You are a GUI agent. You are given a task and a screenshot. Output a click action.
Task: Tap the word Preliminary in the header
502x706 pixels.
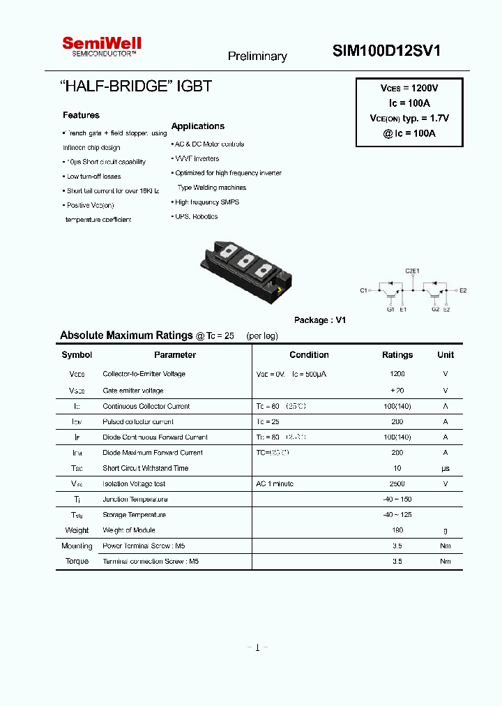click(x=257, y=57)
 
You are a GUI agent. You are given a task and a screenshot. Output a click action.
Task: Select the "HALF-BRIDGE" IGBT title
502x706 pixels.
click(x=136, y=87)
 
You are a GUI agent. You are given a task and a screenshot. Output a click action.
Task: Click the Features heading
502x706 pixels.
click(x=81, y=115)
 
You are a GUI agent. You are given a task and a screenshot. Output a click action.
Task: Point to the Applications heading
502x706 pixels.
click(x=198, y=126)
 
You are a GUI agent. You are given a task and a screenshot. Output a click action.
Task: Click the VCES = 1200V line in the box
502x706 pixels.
click(x=409, y=89)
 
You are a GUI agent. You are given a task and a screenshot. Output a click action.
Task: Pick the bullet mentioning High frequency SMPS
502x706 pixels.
click(x=206, y=202)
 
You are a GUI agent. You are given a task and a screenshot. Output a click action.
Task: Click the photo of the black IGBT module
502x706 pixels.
click(x=244, y=270)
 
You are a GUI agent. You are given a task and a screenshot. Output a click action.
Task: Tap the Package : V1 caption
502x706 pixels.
click(x=320, y=320)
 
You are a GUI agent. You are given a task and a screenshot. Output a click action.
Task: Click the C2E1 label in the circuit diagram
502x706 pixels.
click(x=413, y=269)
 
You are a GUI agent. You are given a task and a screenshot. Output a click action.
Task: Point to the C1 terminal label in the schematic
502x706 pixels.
click(x=363, y=290)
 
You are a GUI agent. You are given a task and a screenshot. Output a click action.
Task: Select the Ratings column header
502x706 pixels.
click(x=397, y=355)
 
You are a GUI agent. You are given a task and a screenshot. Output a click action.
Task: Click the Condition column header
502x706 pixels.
click(x=309, y=355)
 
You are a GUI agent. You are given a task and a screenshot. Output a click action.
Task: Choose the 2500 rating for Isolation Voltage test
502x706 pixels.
click(x=397, y=483)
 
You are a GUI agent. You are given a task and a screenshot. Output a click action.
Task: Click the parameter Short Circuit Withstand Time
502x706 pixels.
click(x=145, y=468)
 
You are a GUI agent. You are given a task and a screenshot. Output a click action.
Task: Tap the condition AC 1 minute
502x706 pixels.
click(x=275, y=483)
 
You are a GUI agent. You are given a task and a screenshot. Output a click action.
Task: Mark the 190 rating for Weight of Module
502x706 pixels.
click(x=397, y=530)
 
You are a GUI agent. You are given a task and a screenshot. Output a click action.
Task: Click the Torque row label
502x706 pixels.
click(x=77, y=561)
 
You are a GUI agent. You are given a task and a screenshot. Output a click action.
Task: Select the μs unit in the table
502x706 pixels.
click(x=446, y=468)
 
